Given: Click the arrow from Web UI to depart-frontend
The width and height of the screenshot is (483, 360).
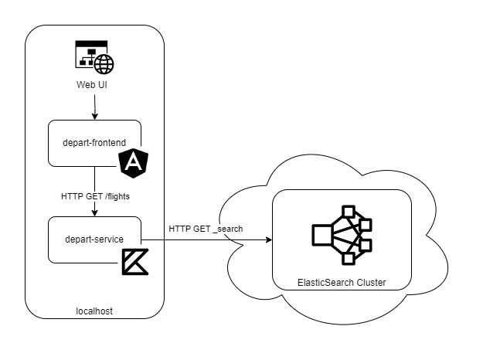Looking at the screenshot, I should [94, 106].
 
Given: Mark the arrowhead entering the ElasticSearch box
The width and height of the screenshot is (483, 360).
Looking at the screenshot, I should [269, 239].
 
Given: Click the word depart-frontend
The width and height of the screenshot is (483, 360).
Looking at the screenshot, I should [94, 141].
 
